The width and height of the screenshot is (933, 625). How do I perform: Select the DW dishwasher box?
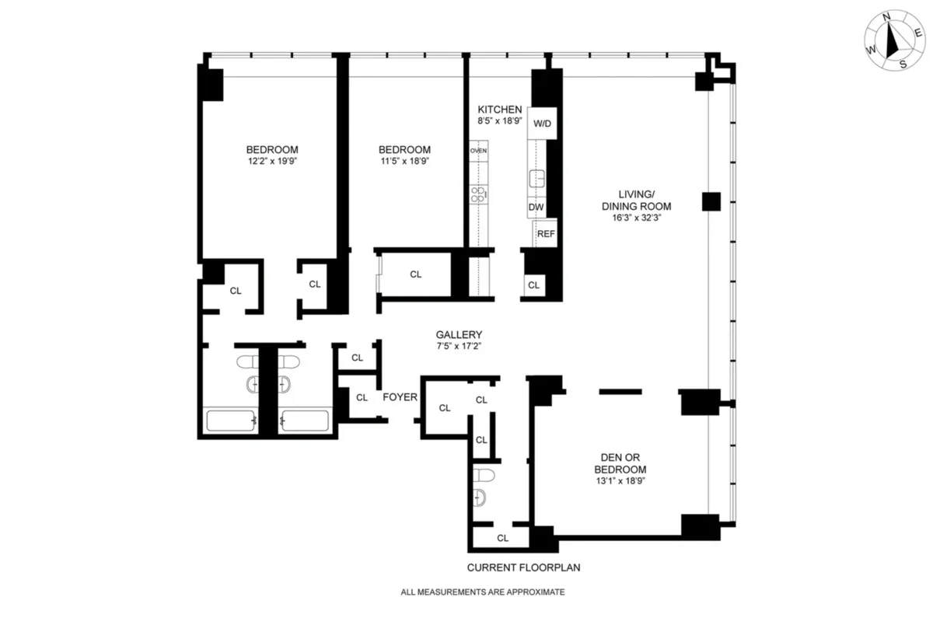536,208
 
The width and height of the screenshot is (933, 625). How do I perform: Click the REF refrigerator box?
545,233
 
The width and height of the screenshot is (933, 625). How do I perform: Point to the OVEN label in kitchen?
478,150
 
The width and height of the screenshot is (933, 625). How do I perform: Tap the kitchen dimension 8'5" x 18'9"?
500,122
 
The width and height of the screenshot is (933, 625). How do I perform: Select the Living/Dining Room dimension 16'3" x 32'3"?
645,218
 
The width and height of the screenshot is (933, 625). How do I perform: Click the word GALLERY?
459,334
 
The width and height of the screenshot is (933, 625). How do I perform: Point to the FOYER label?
400,397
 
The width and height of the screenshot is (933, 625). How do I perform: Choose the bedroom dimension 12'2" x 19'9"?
272,161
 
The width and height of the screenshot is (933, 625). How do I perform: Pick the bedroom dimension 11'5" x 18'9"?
404,161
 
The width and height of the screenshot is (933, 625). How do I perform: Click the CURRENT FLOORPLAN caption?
523,567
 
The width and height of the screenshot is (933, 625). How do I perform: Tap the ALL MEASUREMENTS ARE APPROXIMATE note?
482,592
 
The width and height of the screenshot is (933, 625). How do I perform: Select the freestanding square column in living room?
711,202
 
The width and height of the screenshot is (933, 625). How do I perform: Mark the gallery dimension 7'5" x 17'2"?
459,346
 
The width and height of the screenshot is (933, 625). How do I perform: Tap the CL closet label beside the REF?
533,285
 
